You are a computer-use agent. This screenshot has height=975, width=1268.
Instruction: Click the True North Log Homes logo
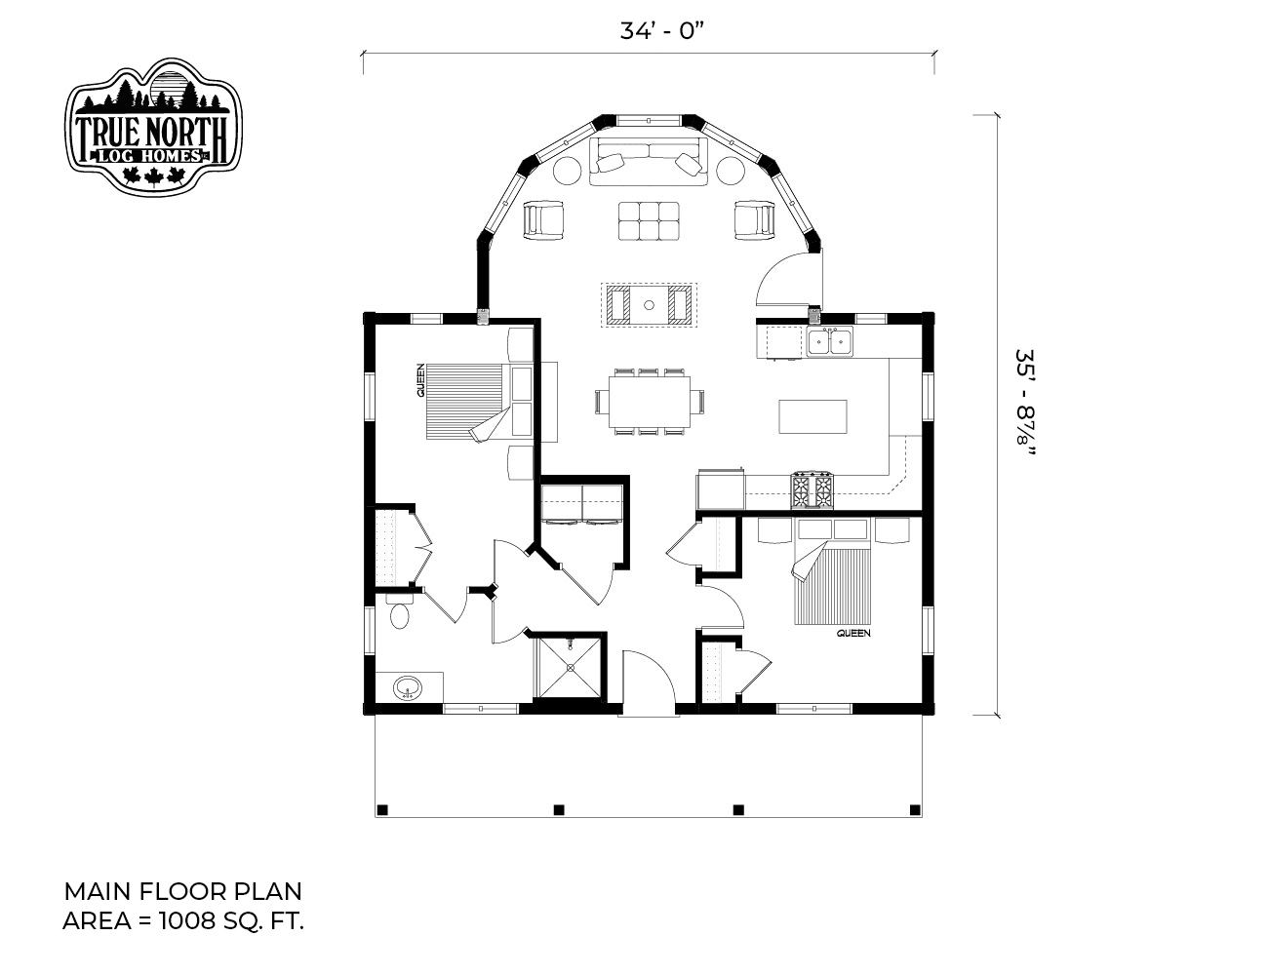[x=153, y=126]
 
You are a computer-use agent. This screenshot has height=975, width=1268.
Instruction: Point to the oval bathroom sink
[x=407, y=687]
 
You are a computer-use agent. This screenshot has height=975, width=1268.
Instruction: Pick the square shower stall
[x=569, y=667]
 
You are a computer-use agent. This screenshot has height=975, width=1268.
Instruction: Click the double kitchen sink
[x=830, y=341]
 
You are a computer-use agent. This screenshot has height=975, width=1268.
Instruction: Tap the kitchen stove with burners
[x=812, y=489]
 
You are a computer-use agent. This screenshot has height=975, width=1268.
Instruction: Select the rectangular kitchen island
[x=812, y=416]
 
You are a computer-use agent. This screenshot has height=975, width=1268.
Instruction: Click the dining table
[x=650, y=401]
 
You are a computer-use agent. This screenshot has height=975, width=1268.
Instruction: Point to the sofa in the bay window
[x=649, y=161]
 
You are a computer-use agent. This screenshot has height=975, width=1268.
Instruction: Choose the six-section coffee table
[x=649, y=220]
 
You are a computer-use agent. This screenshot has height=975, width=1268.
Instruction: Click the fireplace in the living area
[x=649, y=304]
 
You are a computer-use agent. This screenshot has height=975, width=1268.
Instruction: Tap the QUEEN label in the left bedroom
[x=420, y=380]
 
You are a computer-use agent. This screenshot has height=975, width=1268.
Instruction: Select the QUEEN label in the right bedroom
[x=853, y=634]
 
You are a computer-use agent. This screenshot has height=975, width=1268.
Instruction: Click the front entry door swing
[x=649, y=682]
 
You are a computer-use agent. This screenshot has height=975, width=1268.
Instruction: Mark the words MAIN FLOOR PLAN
[x=182, y=891]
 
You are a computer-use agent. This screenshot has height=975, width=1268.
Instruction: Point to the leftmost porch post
[x=382, y=810]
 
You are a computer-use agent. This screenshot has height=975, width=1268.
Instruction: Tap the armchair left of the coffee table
[x=544, y=219]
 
